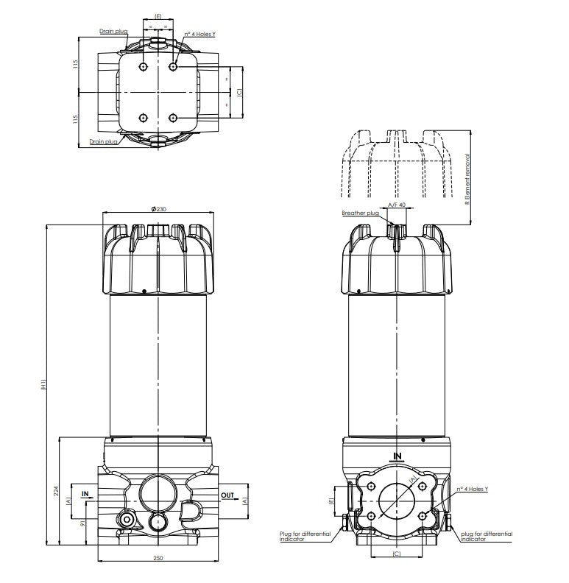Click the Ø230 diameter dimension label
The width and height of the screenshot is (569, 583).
tap(158, 210)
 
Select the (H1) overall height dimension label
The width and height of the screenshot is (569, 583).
tap(44, 384)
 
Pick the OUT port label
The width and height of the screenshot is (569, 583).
tap(227, 495)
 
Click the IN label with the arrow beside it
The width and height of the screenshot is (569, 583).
tap(85, 495)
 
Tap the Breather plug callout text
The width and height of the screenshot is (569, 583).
tap(360, 213)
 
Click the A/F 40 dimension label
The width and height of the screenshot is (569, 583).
tap(397, 205)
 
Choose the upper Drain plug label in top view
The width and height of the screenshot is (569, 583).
tap(113, 32)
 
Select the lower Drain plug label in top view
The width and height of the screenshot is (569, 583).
tap(103, 141)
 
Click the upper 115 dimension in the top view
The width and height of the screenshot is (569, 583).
tap(75, 66)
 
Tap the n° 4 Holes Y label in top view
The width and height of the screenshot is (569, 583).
tap(199, 34)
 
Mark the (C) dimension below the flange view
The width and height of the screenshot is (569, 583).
tap(396, 553)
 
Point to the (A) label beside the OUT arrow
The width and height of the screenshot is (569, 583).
tap(245, 500)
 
